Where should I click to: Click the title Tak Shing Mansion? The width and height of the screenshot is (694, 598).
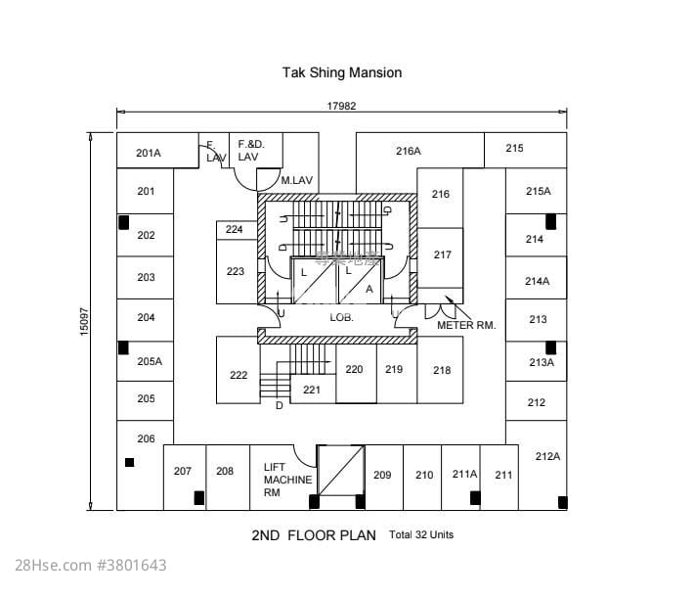click(342, 72)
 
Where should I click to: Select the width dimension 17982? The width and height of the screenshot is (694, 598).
click(340, 106)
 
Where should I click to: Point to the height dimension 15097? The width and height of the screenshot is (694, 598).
click(84, 321)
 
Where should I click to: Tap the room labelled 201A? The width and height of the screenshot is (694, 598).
click(149, 153)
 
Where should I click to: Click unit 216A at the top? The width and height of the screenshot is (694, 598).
click(409, 151)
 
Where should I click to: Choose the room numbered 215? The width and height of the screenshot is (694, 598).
click(515, 149)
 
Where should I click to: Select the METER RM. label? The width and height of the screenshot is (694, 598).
click(466, 325)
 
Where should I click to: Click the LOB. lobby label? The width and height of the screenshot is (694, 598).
click(340, 318)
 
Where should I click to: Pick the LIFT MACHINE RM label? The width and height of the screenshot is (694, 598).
click(287, 481)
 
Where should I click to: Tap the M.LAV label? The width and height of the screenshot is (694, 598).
click(296, 181)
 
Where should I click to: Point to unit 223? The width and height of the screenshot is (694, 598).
click(236, 271)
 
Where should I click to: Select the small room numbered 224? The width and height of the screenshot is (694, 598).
click(235, 229)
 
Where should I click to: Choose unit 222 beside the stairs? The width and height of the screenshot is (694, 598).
click(239, 375)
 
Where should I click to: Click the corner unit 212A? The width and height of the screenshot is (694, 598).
click(547, 456)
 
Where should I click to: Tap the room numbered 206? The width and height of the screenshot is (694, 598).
click(146, 438)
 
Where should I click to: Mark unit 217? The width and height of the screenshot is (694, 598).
click(443, 254)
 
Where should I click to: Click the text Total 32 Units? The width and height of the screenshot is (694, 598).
click(421, 535)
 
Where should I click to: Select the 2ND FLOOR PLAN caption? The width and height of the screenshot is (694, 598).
click(314, 536)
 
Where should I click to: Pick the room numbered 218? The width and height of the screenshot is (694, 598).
click(442, 370)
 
